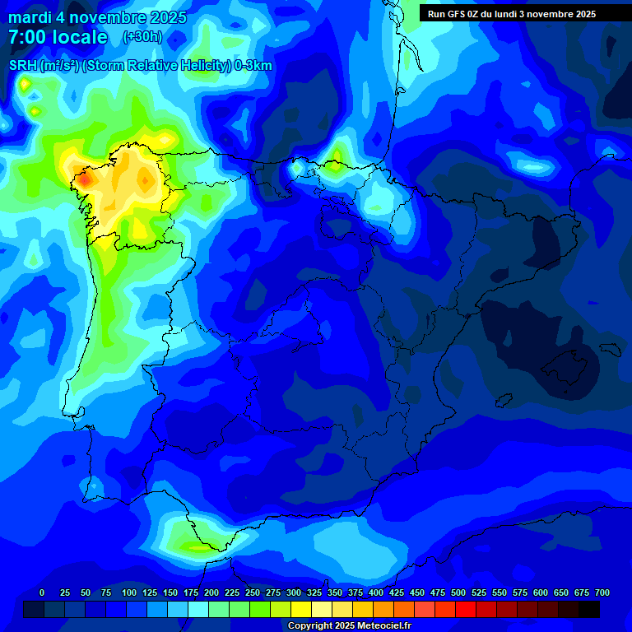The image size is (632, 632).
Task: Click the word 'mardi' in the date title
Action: point(30,17)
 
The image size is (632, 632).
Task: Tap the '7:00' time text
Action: point(29,37)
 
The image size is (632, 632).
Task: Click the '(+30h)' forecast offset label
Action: point(142,37)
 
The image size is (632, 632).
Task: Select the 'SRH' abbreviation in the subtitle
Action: point(23,66)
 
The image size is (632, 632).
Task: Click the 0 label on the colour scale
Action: point(42,593)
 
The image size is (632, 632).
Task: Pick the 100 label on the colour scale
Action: point(129,593)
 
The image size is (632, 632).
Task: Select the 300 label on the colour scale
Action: point(294,593)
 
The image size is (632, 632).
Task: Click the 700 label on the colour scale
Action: point(602,593)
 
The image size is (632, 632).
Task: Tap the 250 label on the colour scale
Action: point(253,593)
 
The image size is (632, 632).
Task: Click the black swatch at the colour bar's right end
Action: point(588,609)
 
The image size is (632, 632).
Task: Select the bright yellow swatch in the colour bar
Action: point(301,609)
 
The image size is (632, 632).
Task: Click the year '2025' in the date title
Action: point(167,17)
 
